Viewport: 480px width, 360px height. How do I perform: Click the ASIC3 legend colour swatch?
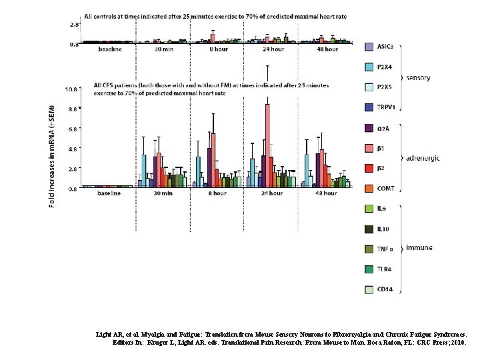369,47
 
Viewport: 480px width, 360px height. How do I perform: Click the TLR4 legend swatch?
369,269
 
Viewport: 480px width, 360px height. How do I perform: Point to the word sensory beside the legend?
418,77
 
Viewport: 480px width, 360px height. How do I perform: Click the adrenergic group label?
423,158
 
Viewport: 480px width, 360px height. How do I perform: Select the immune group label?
418,247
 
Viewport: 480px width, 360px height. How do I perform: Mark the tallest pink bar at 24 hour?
268,147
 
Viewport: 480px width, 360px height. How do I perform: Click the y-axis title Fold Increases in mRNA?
53,155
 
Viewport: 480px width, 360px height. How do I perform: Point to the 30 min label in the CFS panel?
163,194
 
